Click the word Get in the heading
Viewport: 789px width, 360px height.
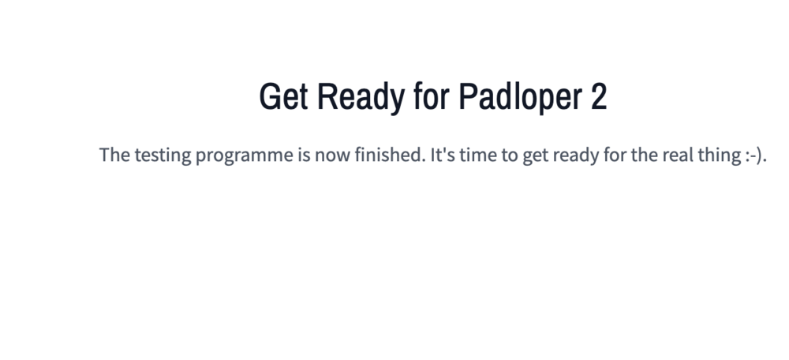pyautogui.click(x=283, y=96)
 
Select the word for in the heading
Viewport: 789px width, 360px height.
pyautogui.click(x=432, y=96)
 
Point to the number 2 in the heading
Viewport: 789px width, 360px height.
pyautogui.click(x=599, y=96)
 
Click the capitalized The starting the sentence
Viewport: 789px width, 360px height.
pyautogui.click(x=114, y=155)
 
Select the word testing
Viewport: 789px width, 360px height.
pyautogui.click(x=163, y=156)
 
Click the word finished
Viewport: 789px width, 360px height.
pyautogui.click(x=390, y=155)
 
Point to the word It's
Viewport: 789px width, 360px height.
pyautogui.click(x=443, y=155)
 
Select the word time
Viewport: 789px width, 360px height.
pyautogui.click(x=477, y=155)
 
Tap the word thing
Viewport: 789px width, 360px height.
pyautogui.click(x=717, y=156)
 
